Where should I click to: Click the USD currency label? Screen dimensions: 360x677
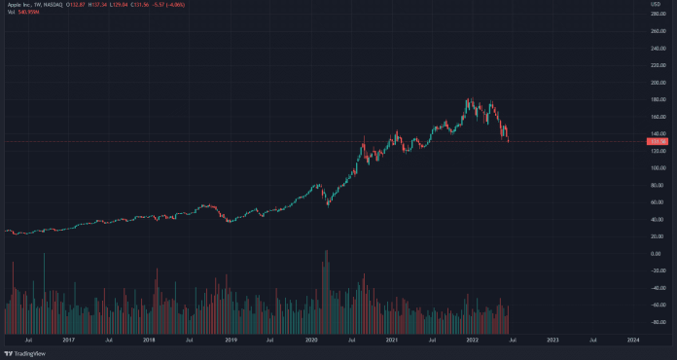pyautogui.click(x=656, y=5)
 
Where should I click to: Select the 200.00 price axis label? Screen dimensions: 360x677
pyautogui.click(x=659, y=83)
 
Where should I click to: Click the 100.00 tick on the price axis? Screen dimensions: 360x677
pyautogui.click(x=659, y=168)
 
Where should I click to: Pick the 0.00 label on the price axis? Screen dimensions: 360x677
pyautogui.click(x=657, y=254)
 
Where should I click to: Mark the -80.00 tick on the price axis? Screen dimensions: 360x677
pyautogui.click(x=658, y=322)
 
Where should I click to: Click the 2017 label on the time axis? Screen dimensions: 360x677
pyautogui.click(x=69, y=341)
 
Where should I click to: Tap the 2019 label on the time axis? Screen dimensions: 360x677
pyautogui.click(x=231, y=341)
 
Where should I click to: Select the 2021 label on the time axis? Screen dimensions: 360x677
pyautogui.click(x=391, y=341)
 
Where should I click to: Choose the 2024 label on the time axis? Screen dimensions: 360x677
pyautogui.click(x=633, y=341)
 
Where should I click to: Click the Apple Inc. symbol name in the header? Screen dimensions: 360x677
pyautogui.click(x=20, y=6)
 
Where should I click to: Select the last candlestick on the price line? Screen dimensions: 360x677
pyautogui.click(x=508, y=137)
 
